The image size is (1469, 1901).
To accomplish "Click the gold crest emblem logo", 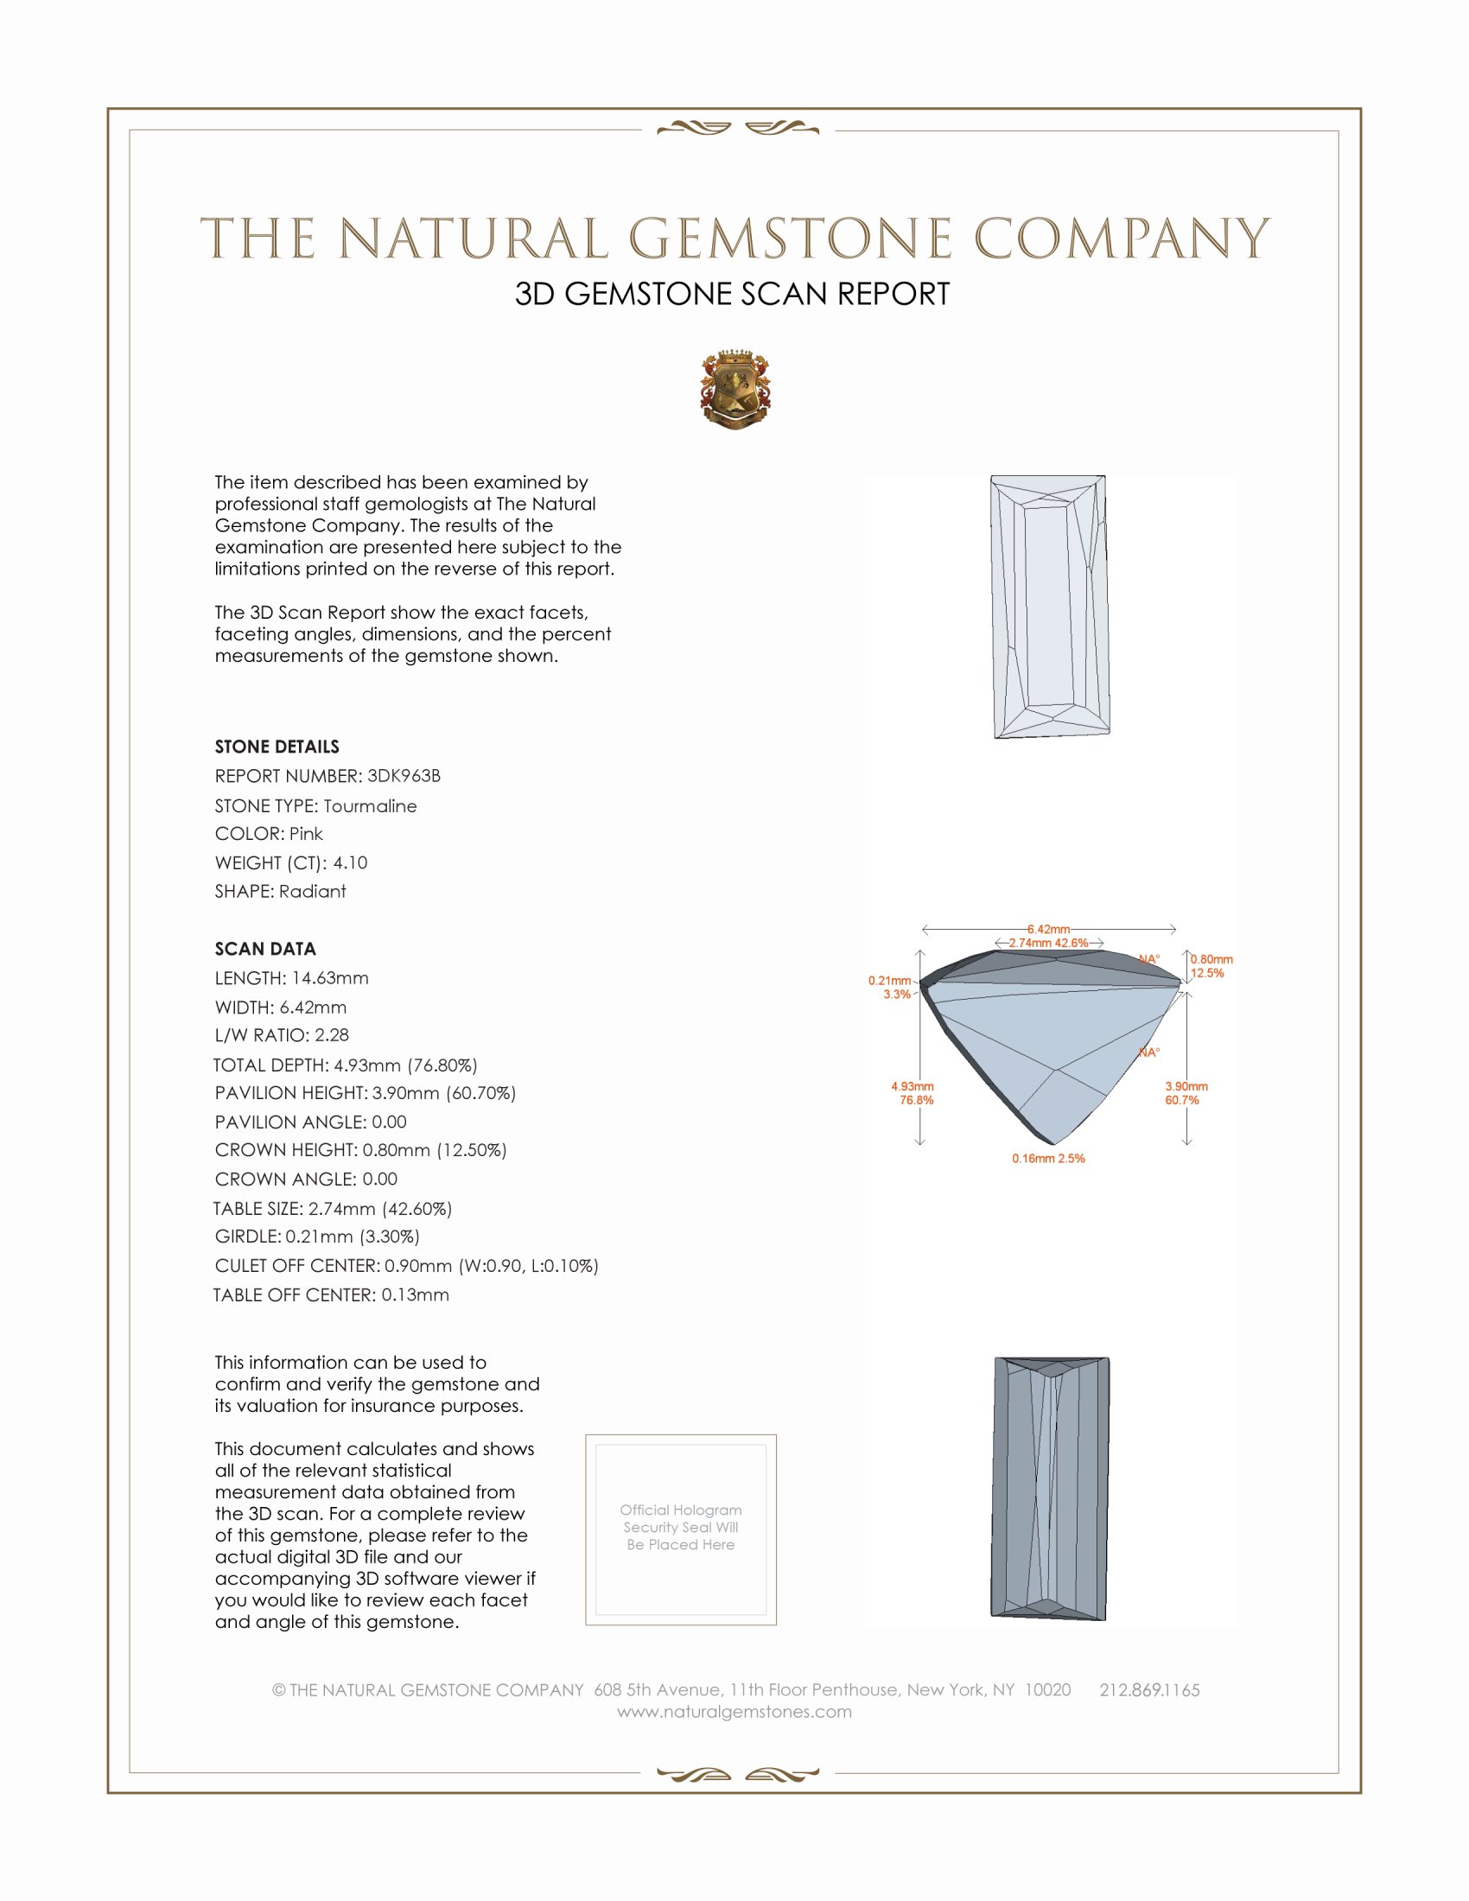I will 735,390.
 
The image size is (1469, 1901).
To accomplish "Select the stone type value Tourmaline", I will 370,806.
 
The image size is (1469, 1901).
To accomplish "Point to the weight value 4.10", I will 350,862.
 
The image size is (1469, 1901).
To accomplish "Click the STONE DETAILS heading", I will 277,747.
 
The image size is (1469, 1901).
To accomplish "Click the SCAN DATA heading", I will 265,949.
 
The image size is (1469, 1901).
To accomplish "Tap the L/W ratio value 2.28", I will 332,1035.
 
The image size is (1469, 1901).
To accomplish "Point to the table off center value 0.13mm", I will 415,1295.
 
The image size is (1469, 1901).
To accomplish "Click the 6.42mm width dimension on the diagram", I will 1048,929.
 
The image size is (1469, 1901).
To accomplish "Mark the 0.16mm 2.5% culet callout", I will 1048,1159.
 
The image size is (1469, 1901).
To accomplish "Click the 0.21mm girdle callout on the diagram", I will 889,981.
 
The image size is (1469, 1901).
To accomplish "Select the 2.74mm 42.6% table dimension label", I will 1048,943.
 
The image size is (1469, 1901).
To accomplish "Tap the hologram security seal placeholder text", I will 681,1527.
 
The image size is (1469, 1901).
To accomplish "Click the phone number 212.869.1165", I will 1148,1690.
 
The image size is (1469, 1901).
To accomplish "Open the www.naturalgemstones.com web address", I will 734,1712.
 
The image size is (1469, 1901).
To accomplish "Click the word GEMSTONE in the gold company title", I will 790,239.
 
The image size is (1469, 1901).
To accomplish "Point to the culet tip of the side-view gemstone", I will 1052,1143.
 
